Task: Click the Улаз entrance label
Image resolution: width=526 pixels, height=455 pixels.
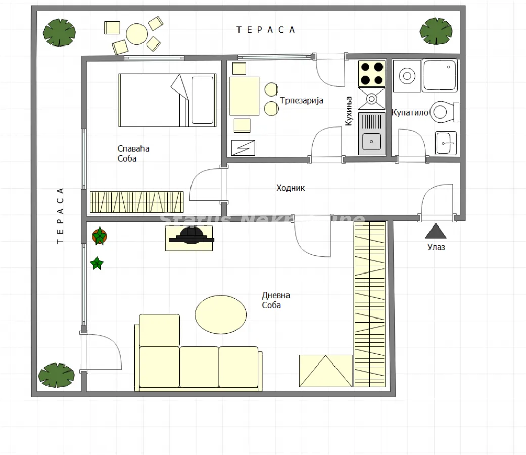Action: [x=436, y=247]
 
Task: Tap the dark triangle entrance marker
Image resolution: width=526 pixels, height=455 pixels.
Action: [x=436, y=232]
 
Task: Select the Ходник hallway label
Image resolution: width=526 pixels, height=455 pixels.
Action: [x=291, y=188]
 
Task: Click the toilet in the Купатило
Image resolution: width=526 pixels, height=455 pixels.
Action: [x=446, y=112]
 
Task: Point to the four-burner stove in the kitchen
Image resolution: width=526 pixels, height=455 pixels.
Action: [x=371, y=73]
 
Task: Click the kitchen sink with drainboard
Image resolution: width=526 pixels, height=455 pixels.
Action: [x=371, y=133]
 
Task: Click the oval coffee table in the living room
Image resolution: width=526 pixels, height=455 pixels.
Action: [x=221, y=314]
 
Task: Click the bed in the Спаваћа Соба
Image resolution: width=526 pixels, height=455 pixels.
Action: [x=167, y=100]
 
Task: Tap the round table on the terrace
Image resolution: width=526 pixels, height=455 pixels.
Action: [x=137, y=34]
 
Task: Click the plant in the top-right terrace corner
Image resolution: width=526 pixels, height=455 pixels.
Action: [x=436, y=31]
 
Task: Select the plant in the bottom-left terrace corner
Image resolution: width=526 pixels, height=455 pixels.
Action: [x=57, y=375]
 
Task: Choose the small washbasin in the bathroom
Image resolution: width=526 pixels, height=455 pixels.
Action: [x=446, y=143]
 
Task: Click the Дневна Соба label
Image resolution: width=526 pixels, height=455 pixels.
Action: [x=276, y=300]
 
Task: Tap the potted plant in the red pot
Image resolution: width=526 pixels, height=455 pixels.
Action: [x=100, y=236]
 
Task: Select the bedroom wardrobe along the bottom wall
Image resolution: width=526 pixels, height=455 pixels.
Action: [x=136, y=202]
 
